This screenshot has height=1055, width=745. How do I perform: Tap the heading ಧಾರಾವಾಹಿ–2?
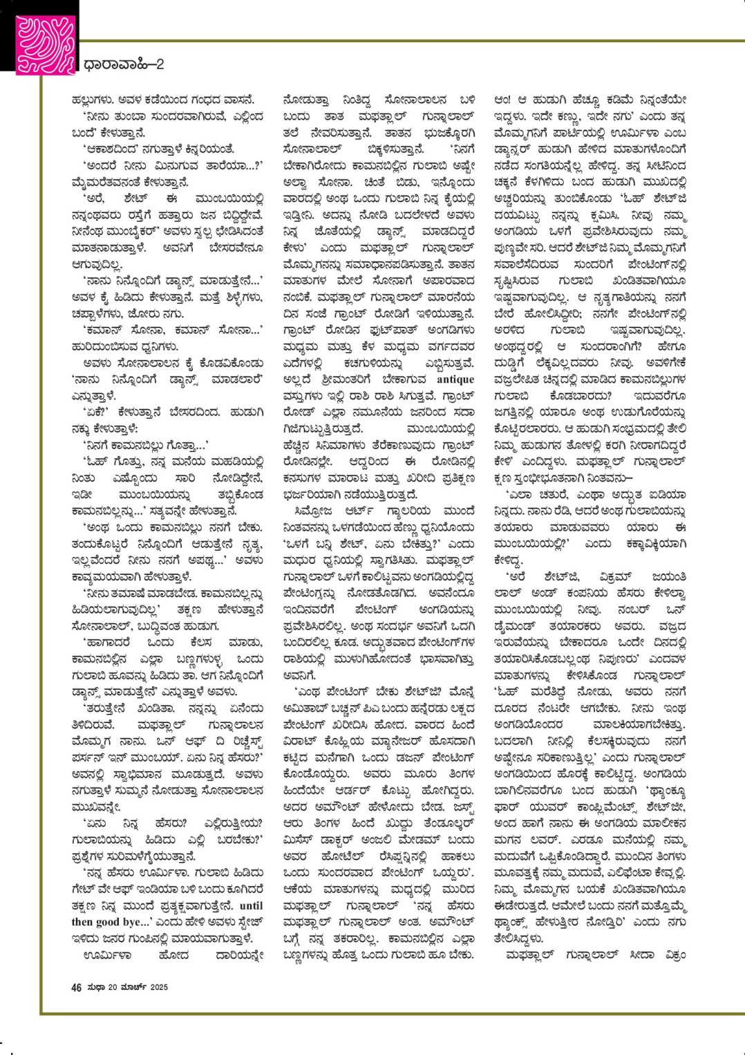124,65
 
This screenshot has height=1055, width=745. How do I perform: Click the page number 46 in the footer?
77,987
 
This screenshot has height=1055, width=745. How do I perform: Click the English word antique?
455,379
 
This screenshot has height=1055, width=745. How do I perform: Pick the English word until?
252,905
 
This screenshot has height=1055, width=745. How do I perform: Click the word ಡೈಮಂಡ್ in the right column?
513,626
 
